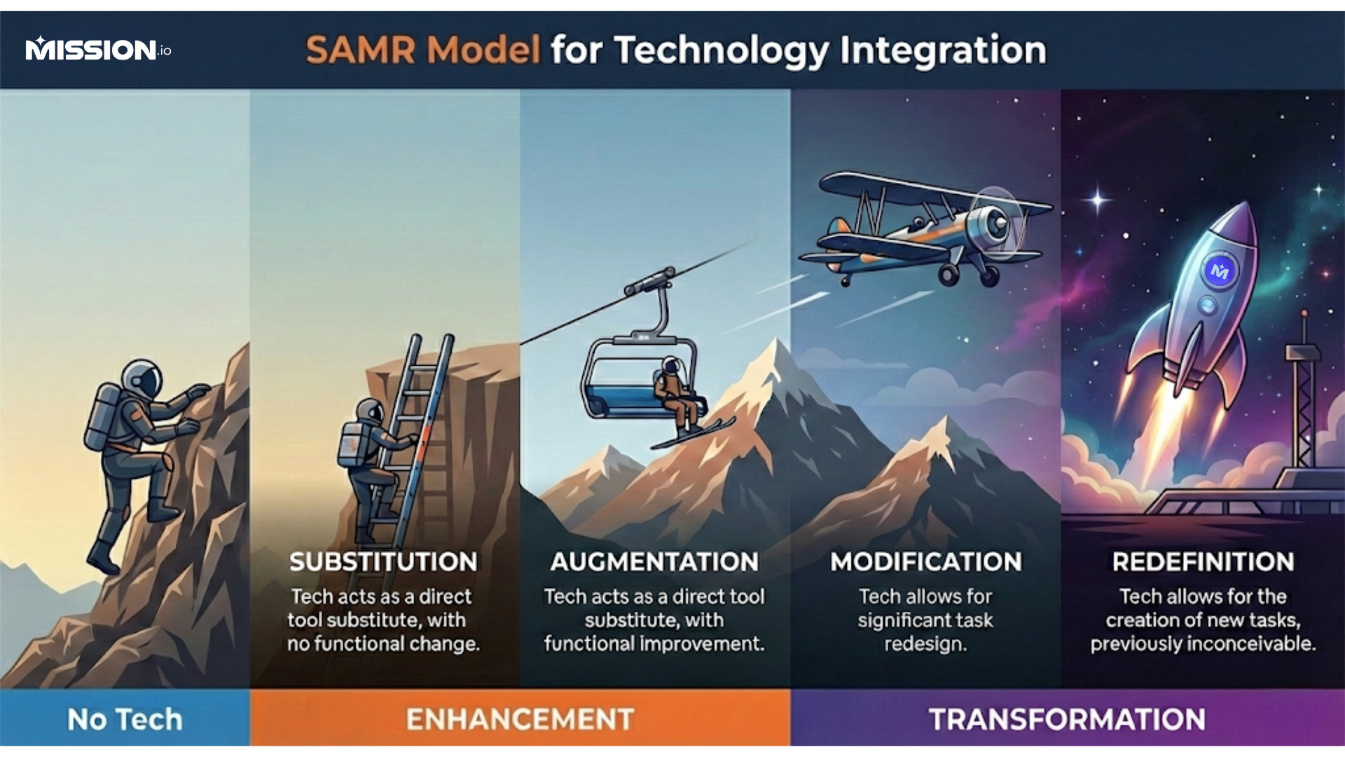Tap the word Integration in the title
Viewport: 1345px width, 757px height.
[x=943, y=50]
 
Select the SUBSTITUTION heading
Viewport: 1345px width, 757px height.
[x=383, y=562]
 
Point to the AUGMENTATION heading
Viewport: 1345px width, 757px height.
[x=654, y=562]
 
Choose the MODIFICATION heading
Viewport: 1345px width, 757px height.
[x=926, y=562]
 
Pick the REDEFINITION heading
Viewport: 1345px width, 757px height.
[x=1203, y=562]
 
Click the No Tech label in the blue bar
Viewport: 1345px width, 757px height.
[x=125, y=720]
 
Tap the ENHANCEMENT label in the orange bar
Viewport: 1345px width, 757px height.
[x=520, y=720]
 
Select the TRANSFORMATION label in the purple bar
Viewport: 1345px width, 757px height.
[x=1067, y=720]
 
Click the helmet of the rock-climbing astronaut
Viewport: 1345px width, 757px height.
[x=142, y=379]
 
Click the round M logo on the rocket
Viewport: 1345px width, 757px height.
[x=1220, y=271]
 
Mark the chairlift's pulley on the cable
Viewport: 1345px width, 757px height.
[x=650, y=282]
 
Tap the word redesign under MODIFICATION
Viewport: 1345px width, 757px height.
[x=925, y=644]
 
